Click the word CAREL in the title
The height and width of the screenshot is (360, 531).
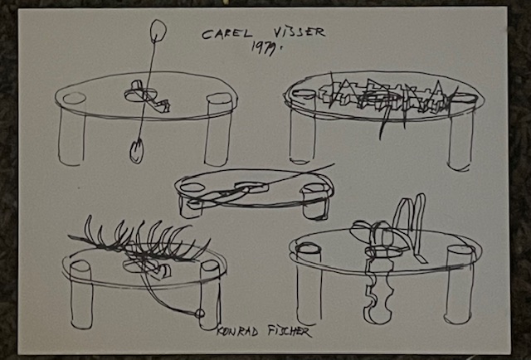[x=227, y=34]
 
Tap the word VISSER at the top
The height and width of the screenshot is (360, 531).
[x=299, y=32]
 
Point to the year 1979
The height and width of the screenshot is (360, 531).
[x=266, y=48]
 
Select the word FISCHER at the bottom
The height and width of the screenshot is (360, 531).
[x=290, y=331]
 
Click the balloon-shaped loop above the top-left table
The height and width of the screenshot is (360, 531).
[x=158, y=32]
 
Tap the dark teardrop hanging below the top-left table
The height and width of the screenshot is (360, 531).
[x=136, y=152]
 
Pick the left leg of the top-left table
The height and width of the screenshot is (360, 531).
[x=71, y=130]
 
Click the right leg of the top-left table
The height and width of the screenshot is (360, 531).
[x=218, y=130]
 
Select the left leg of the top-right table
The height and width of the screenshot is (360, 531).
[x=302, y=128]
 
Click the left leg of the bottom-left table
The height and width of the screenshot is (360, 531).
[x=81, y=294]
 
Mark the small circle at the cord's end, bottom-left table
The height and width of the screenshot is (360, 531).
[x=200, y=314]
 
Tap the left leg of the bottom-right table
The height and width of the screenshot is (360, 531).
[x=309, y=285]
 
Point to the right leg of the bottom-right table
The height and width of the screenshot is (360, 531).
[x=460, y=285]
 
